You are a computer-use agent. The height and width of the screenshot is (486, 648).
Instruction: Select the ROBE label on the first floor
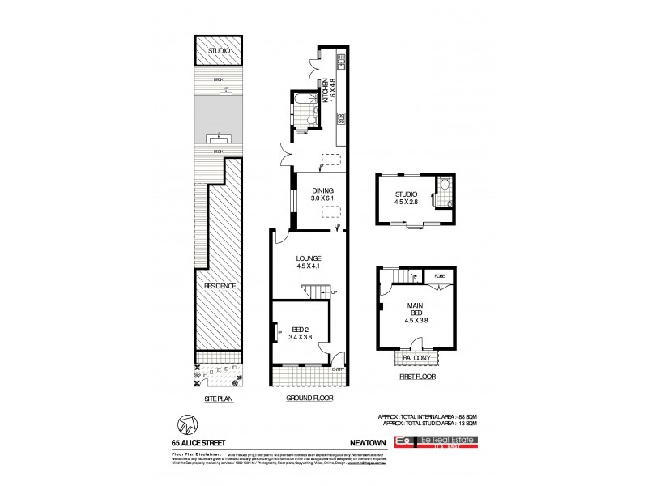439,276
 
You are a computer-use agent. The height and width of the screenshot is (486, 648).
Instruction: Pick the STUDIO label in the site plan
218,51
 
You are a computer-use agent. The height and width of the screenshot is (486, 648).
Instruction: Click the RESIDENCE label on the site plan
219,286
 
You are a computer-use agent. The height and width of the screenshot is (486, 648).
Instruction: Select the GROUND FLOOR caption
309,398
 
